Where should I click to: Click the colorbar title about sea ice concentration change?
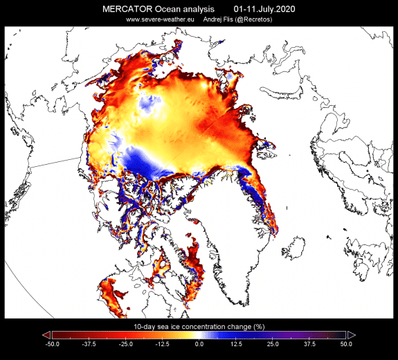[199, 325]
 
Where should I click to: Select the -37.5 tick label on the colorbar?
[88, 343]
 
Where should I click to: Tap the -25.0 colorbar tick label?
[125, 343]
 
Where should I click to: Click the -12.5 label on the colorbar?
[162, 343]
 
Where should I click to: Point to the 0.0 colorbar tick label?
[199, 343]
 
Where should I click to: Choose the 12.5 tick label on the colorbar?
[236, 343]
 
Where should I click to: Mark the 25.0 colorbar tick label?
[273, 343]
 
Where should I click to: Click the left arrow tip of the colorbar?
[44, 334]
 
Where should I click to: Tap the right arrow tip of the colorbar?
[354, 334]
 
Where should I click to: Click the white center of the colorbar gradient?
[199, 334]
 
